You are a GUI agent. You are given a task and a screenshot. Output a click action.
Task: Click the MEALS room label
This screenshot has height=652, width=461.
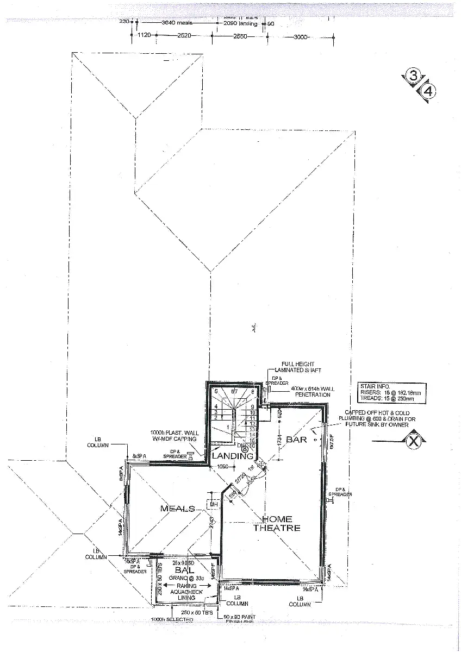(x=177, y=509)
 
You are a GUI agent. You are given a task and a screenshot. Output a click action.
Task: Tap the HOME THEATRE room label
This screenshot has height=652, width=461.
(x=277, y=524)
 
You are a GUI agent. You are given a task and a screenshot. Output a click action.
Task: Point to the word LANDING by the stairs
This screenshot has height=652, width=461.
(x=233, y=456)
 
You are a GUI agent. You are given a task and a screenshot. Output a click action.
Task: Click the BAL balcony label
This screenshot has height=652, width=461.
(x=181, y=569)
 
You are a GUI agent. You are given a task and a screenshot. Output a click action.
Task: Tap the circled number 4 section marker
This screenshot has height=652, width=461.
(x=428, y=91)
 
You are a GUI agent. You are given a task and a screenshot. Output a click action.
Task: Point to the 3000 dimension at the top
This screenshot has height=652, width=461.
(x=301, y=37)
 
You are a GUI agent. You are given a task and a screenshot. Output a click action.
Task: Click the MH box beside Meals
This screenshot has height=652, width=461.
(x=213, y=505)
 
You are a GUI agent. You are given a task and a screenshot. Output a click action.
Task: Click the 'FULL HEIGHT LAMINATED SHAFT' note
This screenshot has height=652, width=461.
(x=298, y=367)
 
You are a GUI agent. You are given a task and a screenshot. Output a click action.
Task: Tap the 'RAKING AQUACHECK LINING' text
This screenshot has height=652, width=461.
(x=183, y=592)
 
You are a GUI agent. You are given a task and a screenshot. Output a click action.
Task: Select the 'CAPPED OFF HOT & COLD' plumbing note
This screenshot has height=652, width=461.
(x=387, y=413)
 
